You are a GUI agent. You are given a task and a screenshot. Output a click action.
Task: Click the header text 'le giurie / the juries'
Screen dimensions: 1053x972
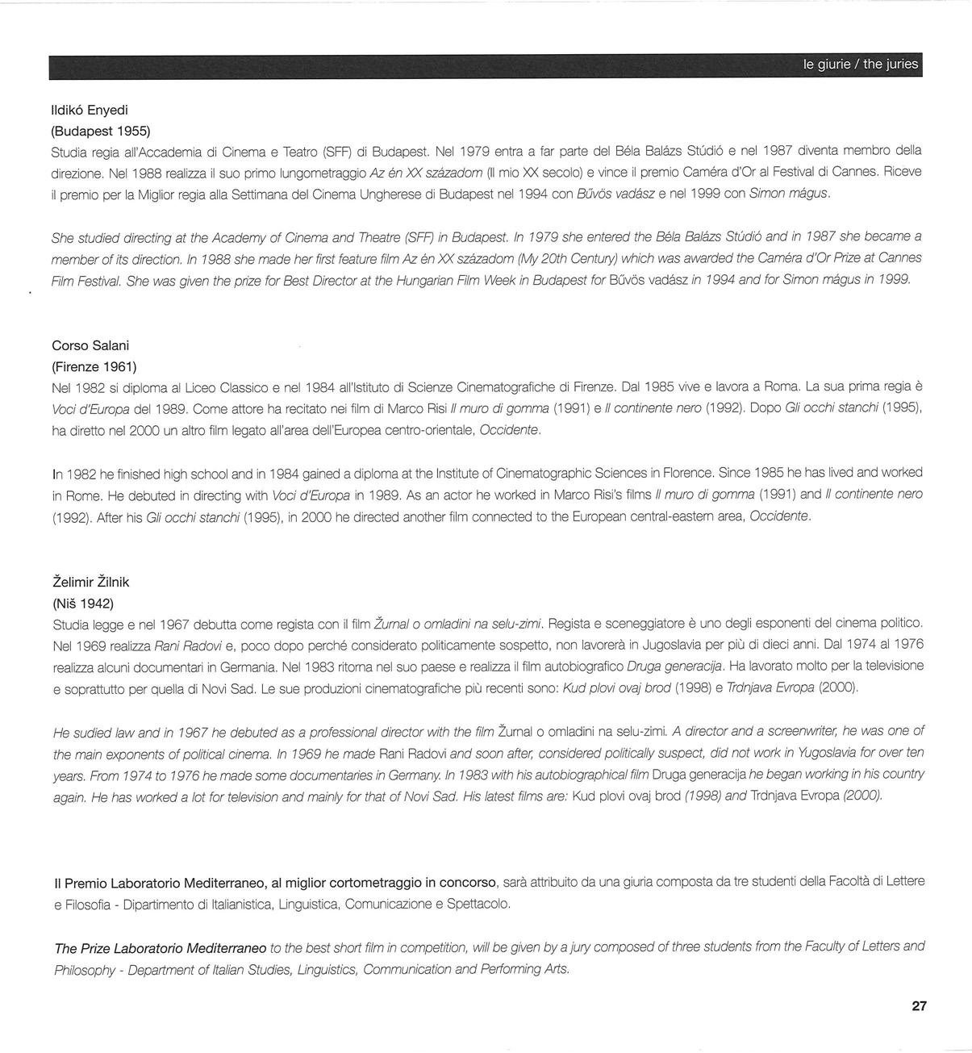[x=860, y=65]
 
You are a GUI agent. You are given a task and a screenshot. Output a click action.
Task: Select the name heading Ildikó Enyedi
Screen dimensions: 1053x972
[x=90, y=110]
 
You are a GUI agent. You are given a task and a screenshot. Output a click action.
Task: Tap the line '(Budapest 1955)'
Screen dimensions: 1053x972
[x=101, y=130]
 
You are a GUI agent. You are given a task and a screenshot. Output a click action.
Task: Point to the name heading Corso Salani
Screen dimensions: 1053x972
[x=90, y=345]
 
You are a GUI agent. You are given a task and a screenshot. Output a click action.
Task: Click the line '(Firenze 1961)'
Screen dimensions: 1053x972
[x=94, y=367]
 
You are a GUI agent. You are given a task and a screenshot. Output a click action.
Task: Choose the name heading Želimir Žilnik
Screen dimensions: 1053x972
[x=90, y=582]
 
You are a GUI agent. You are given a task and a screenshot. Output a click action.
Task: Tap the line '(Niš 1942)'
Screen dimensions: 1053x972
[x=82, y=603]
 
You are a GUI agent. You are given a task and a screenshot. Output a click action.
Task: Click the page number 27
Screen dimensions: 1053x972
[x=919, y=1005]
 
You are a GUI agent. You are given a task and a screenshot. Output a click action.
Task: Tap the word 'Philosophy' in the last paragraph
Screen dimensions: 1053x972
[x=84, y=969]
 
